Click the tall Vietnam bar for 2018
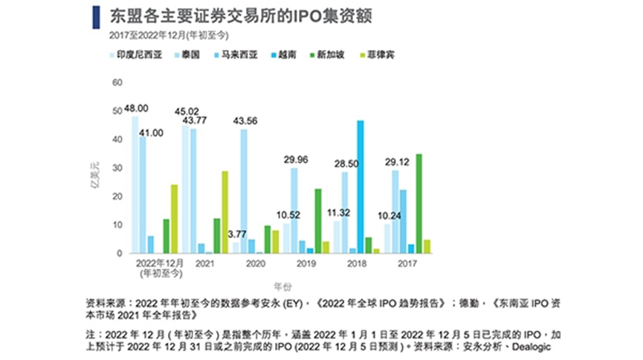361,187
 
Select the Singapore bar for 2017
419,203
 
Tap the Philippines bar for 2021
224,212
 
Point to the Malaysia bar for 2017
403,221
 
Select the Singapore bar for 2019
318,221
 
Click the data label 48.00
136,108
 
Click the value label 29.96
295,159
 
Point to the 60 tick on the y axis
117,82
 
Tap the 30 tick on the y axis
117,167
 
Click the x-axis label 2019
305,263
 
